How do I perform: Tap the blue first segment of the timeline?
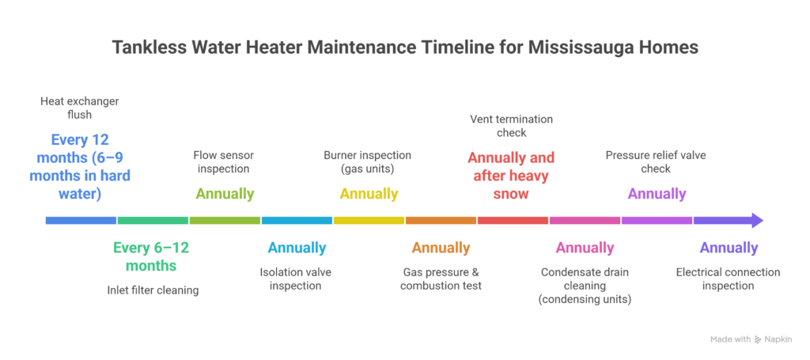[81, 220]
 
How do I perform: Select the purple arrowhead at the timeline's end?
[755, 220]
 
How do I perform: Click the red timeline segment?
[513, 220]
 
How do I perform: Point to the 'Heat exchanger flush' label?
[80, 108]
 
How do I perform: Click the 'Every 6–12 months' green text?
[151, 256]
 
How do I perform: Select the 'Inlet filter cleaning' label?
[153, 290]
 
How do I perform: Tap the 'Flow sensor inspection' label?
[225, 162]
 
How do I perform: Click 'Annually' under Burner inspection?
[369, 194]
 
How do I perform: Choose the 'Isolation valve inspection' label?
[296, 279]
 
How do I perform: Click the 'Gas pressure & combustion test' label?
[441, 279]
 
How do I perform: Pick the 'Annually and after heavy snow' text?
[511, 176]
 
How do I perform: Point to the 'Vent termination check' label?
[512, 126]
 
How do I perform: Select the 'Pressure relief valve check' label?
[656, 162]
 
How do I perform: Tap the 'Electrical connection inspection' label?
[728, 279]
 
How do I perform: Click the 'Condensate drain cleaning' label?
[585, 285]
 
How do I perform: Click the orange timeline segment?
[441, 220]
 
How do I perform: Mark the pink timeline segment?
[585, 220]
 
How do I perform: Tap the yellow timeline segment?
[369, 220]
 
